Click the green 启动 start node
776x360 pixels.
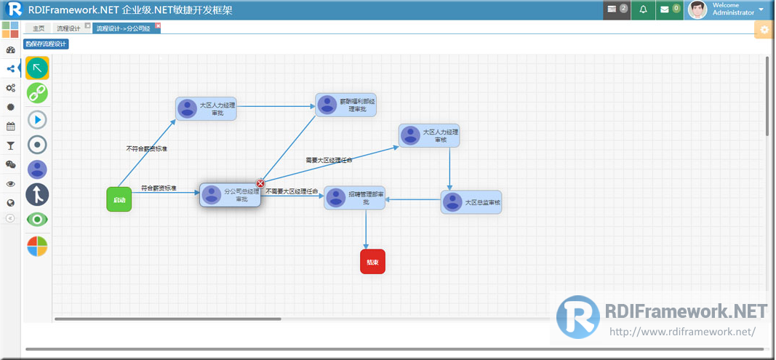tap(119, 199)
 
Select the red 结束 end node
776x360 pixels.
tap(372, 262)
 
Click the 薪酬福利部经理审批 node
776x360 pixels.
tap(346, 105)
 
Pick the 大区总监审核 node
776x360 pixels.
tap(471, 202)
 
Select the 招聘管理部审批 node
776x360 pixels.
tap(355, 198)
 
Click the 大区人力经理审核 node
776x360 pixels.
tap(428, 136)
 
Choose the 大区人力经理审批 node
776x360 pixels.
tap(207, 108)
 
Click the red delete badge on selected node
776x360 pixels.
tap(260, 183)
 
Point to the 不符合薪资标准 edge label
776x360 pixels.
tap(146, 148)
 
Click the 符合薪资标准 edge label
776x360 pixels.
tap(159, 188)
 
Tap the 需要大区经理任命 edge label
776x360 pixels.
tap(329, 160)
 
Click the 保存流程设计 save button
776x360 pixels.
tap(47, 44)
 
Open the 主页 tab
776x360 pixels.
tap(39, 28)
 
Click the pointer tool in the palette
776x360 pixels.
tap(37, 68)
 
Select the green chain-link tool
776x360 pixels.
tap(37, 93)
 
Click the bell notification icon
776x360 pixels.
tap(643, 9)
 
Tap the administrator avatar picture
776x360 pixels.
tap(697, 9)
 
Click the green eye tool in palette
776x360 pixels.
tap(37, 220)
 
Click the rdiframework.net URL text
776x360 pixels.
tap(682, 332)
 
